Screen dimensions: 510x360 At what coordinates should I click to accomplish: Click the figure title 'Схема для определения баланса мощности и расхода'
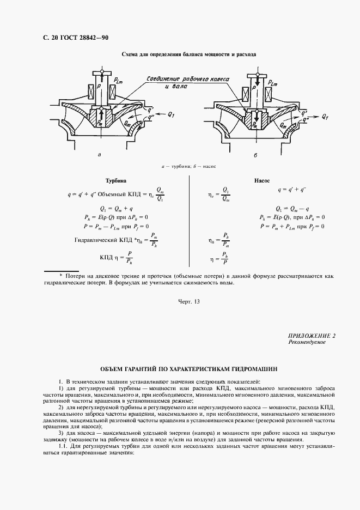coord(188,55)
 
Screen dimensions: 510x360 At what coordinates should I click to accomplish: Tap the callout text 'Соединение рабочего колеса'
coord(188,78)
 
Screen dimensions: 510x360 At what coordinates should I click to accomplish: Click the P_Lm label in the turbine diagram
coord(121,81)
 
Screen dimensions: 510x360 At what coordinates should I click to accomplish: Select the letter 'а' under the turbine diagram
coord(99,155)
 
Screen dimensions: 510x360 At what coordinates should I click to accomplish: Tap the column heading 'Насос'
coord(262,180)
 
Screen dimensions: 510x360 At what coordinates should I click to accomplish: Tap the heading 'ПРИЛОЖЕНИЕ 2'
coord(312,336)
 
